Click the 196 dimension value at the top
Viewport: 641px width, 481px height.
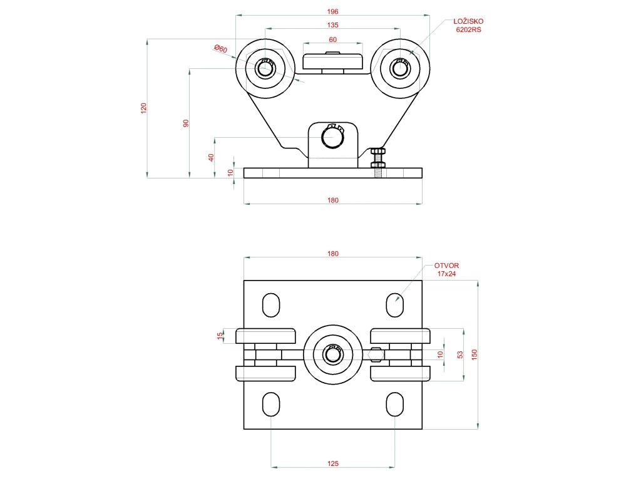tap(332, 11)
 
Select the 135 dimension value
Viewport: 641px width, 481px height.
tap(332, 25)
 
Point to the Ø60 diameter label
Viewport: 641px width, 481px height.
tap(220, 48)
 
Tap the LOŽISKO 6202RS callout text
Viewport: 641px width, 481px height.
tap(468, 25)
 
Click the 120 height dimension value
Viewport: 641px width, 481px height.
tap(143, 108)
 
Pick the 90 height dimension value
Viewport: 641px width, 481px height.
tap(186, 123)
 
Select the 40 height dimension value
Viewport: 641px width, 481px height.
tap(211, 157)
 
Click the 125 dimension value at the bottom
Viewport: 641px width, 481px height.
tap(332, 463)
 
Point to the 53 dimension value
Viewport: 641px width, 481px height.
tap(460, 354)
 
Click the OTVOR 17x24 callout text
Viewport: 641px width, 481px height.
tap(446, 270)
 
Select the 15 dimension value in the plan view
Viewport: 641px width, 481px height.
tap(220, 336)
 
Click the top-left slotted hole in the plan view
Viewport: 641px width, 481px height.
tap(271, 305)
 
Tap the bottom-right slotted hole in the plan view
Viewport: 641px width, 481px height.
tap(394, 404)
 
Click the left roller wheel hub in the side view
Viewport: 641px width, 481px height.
tap(265, 67)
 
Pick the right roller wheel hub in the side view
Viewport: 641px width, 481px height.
tap(400, 67)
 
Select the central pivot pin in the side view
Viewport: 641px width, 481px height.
tap(332, 136)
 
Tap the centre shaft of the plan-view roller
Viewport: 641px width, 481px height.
tap(332, 354)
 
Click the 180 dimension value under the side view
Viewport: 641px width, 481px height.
tap(332, 200)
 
